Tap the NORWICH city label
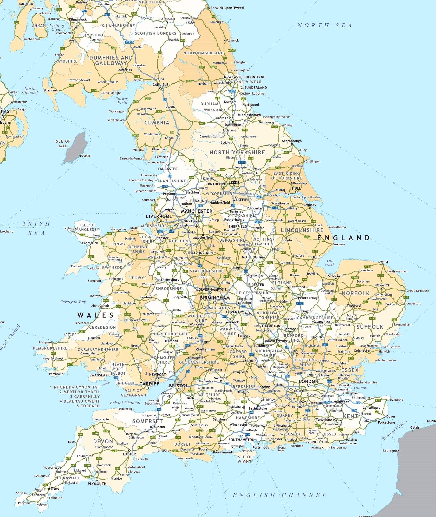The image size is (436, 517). click(x=382, y=285)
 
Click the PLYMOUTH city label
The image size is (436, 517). click(x=97, y=483)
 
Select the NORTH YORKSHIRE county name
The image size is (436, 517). click(x=237, y=153)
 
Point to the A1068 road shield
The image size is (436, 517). click(x=231, y=50)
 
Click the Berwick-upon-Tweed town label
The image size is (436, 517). click(x=227, y=8)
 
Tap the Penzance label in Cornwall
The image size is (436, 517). click(x=25, y=503)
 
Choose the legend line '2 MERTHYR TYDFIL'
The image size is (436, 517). click(x=80, y=392)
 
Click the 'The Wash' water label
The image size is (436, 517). click(x=330, y=262)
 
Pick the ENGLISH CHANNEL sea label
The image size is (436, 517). click(x=279, y=495)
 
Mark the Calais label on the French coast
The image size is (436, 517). click(x=415, y=427)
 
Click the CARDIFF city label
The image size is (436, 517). click(x=149, y=384)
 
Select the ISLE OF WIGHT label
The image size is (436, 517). click(x=244, y=459)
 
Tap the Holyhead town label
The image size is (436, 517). click(x=71, y=229)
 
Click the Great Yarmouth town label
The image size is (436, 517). click(x=418, y=290)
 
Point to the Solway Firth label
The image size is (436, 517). click(x=122, y=100)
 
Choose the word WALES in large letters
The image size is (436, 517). click(x=95, y=315)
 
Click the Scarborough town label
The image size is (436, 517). click(x=292, y=141)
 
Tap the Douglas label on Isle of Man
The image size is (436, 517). click(x=85, y=156)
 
